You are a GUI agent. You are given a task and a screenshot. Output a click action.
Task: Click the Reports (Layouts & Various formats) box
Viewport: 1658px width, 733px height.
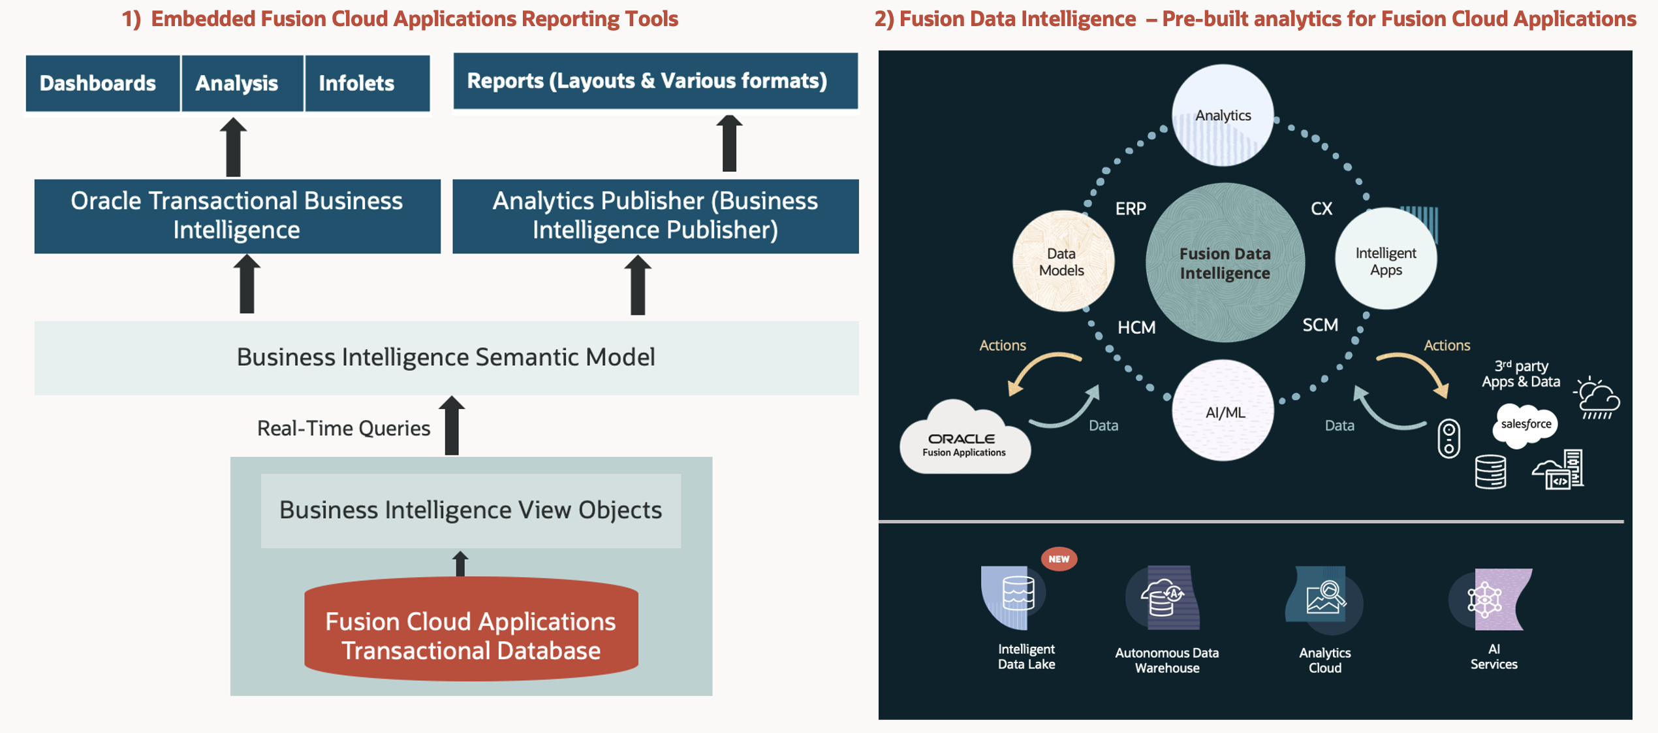tap(655, 81)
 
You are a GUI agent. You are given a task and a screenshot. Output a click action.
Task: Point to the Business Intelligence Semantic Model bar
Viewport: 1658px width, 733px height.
tap(446, 357)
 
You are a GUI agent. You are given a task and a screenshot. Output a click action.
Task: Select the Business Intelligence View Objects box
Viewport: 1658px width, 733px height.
tap(471, 510)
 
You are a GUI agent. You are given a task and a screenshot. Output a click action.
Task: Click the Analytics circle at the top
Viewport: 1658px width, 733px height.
tap(1223, 116)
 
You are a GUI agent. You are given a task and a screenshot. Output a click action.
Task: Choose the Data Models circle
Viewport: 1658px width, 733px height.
tap(1063, 261)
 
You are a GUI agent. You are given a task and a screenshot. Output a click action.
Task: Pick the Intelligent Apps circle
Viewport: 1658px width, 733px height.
tap(1385, 260)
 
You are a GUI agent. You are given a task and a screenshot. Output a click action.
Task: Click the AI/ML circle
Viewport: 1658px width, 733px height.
tap(1223, 412)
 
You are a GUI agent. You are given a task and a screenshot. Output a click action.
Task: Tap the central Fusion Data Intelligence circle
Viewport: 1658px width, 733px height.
tap(1225, 263)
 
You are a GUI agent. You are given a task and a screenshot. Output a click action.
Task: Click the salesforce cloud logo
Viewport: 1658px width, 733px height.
tap(1525, 425)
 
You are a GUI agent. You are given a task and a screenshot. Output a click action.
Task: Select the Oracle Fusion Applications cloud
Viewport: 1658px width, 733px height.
tap(964, 441)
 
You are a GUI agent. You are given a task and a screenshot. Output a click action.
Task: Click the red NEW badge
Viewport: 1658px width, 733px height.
tap(1059, 559)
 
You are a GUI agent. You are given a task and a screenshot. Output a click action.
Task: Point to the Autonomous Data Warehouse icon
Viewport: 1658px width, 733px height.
tap(1165, 598)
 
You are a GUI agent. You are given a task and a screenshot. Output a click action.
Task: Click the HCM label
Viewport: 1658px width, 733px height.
tap(1136, 327)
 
